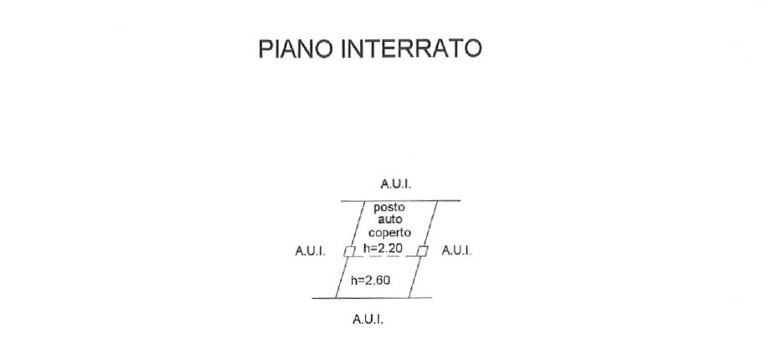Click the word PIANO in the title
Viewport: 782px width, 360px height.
(297, 49)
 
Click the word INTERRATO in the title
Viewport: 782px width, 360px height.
(411, 49)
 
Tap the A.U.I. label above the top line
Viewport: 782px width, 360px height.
(396, 184)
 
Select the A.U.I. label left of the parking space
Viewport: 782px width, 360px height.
(310, 251)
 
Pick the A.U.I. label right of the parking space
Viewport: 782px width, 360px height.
(456, 251)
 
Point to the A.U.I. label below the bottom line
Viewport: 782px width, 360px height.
(368, 319)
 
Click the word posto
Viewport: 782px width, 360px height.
(389, 207)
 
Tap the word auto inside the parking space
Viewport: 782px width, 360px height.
(389, 220)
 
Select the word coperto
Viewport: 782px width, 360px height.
(390, 233)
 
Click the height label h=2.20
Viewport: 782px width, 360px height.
(383, 248)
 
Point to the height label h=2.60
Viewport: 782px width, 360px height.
(370, 281)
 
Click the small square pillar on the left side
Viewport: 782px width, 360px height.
(349, 251)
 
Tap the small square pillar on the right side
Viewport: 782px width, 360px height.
(422, 251)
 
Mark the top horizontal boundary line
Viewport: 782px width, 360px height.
(400, 201)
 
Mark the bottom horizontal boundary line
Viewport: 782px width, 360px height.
(372, 298)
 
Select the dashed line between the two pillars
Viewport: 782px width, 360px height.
(385, 256)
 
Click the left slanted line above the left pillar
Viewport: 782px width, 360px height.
(358, 224)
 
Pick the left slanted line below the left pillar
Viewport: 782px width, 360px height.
(343, 277)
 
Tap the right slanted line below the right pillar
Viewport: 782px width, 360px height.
(415, 277)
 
